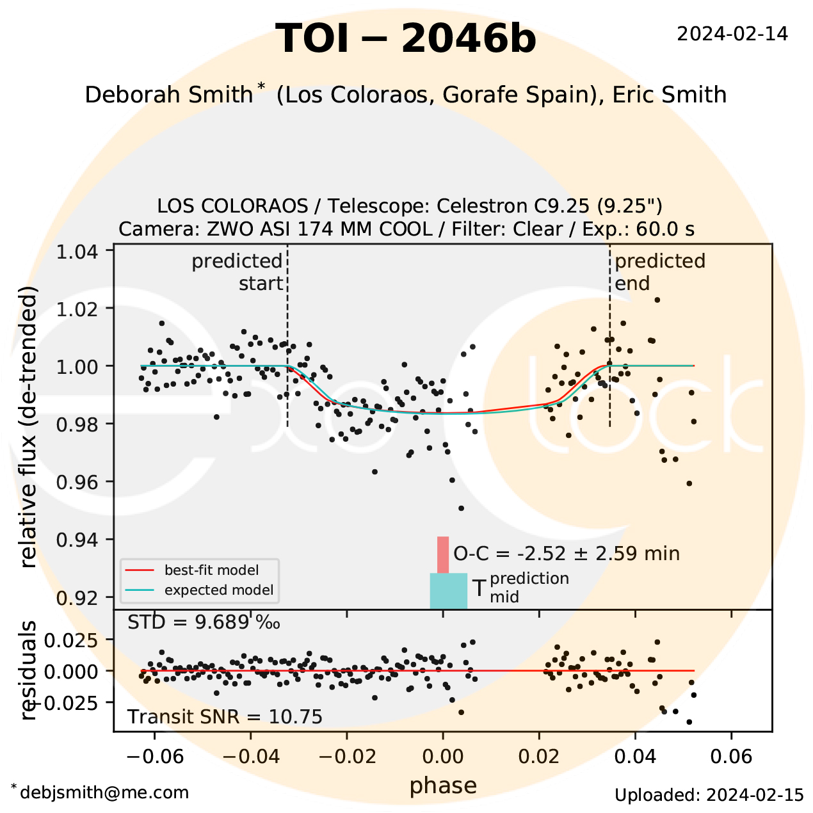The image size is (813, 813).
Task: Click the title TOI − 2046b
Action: click(405, 38)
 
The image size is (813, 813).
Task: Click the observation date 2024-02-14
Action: click(732, 34)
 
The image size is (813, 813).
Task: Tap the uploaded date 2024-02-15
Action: click(709, 795)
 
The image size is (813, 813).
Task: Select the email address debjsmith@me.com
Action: click(104, 793)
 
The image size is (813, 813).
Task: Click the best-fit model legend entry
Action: click(211, 570)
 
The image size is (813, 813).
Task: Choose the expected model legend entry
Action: click(218, 590)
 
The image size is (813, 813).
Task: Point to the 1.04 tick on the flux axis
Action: click(77, 251)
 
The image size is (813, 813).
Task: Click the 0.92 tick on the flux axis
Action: click(77, 597)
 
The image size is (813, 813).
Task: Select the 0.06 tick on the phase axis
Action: click(732, 757)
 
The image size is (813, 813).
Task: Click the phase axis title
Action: click(443, 785)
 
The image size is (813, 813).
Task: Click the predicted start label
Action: click(238, 272)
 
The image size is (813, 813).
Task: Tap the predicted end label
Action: click(659, 272)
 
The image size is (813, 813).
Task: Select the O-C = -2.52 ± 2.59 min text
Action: click(567, 553)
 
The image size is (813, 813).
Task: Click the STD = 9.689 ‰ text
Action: click(204, 622)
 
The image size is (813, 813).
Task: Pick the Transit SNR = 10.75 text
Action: click(225, 716)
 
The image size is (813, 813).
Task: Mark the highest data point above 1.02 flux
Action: click(657, 300)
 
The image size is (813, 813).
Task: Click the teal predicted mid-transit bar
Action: click(448, 590)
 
